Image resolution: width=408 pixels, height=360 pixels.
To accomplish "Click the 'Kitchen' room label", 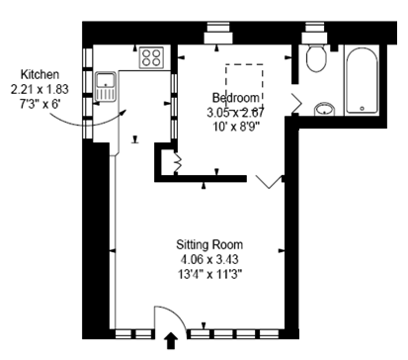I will pos(41,74).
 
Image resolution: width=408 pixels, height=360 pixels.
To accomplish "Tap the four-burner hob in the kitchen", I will pos(152,56).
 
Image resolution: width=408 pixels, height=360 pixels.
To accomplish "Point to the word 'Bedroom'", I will pos(236,98).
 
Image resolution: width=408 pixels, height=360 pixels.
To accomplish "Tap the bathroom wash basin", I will pos(323,109).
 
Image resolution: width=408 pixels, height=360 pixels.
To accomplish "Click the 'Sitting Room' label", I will pos(209,244).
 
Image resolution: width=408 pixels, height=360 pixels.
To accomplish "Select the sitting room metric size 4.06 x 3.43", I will pos(209,259).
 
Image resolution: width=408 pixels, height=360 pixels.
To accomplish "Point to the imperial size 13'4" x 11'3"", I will pos(209,274).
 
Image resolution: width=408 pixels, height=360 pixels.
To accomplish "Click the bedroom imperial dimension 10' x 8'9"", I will pos(235,127).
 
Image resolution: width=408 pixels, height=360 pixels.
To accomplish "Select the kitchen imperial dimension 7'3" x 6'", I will pos(41,104).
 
